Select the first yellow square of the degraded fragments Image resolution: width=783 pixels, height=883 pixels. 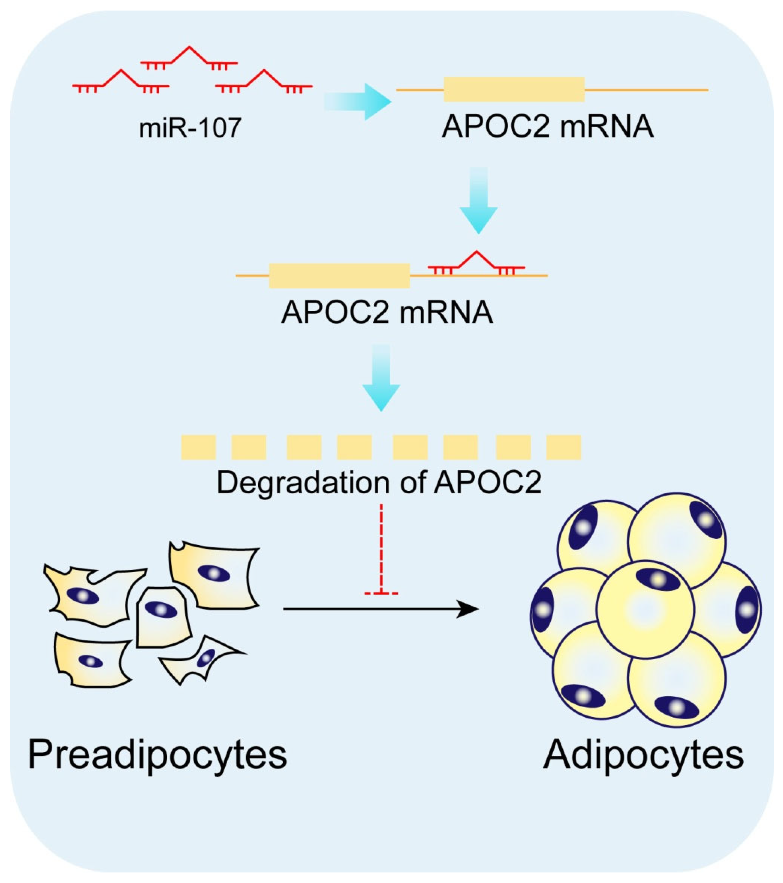click(x=198, y=447)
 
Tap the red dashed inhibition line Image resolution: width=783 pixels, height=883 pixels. click(x=381, y=549)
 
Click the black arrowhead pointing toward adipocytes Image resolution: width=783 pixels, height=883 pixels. click(x=469, y=609)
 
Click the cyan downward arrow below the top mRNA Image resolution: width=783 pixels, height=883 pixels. click(x=478, y=201)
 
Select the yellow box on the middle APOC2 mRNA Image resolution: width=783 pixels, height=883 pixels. click(x=339, y=276)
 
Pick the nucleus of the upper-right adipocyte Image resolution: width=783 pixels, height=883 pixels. click(x=706, y=520)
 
